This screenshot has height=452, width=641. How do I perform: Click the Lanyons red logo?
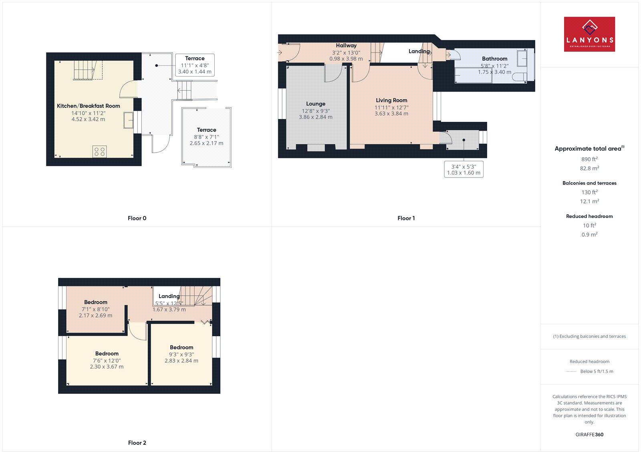pyautogui.click(x=589, y=34)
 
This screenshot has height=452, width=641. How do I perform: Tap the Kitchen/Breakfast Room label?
pyautogui.click(x=89, y=106)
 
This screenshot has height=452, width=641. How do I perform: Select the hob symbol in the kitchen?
pyautogui.click(x=99, y=151)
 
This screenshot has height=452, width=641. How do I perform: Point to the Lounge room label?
pyautogui.click(x=316, y=104)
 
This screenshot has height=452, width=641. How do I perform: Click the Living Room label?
pyautogui.click(x=391, y=101)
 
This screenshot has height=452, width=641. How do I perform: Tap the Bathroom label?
pyautogui.click(x=494, y=59)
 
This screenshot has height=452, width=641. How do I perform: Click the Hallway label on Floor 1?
pyautogui.click(x=346, y=46)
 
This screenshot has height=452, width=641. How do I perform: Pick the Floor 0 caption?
pyautogui.click(x=137, y=218)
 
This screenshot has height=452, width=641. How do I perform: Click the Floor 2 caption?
pyautogui.click(x=137, y=443)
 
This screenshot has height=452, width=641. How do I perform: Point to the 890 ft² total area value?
pyautogui.click(x=589, y=159)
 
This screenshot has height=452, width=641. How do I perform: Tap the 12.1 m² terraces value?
pyautogui.click(x=589, y=202)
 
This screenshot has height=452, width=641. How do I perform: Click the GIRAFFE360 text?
pyautogui.click(x=589, y=434)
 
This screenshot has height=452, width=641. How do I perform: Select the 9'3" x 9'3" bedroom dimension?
pyautogui.click(x=181, y=354)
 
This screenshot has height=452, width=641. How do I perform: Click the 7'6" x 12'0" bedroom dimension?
pyautogui.click(x=107, y=360)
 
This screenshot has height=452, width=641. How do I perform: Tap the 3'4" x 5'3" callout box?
pyautogui.click(x=464, y=169)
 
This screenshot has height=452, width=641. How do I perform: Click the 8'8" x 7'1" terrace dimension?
pyautogui.click(x=206, y=137)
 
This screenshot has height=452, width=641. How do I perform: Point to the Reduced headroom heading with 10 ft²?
pyautogui.click(x=589, y=216)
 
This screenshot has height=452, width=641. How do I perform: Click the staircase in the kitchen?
pyautogui.click(x=84, y=71)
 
